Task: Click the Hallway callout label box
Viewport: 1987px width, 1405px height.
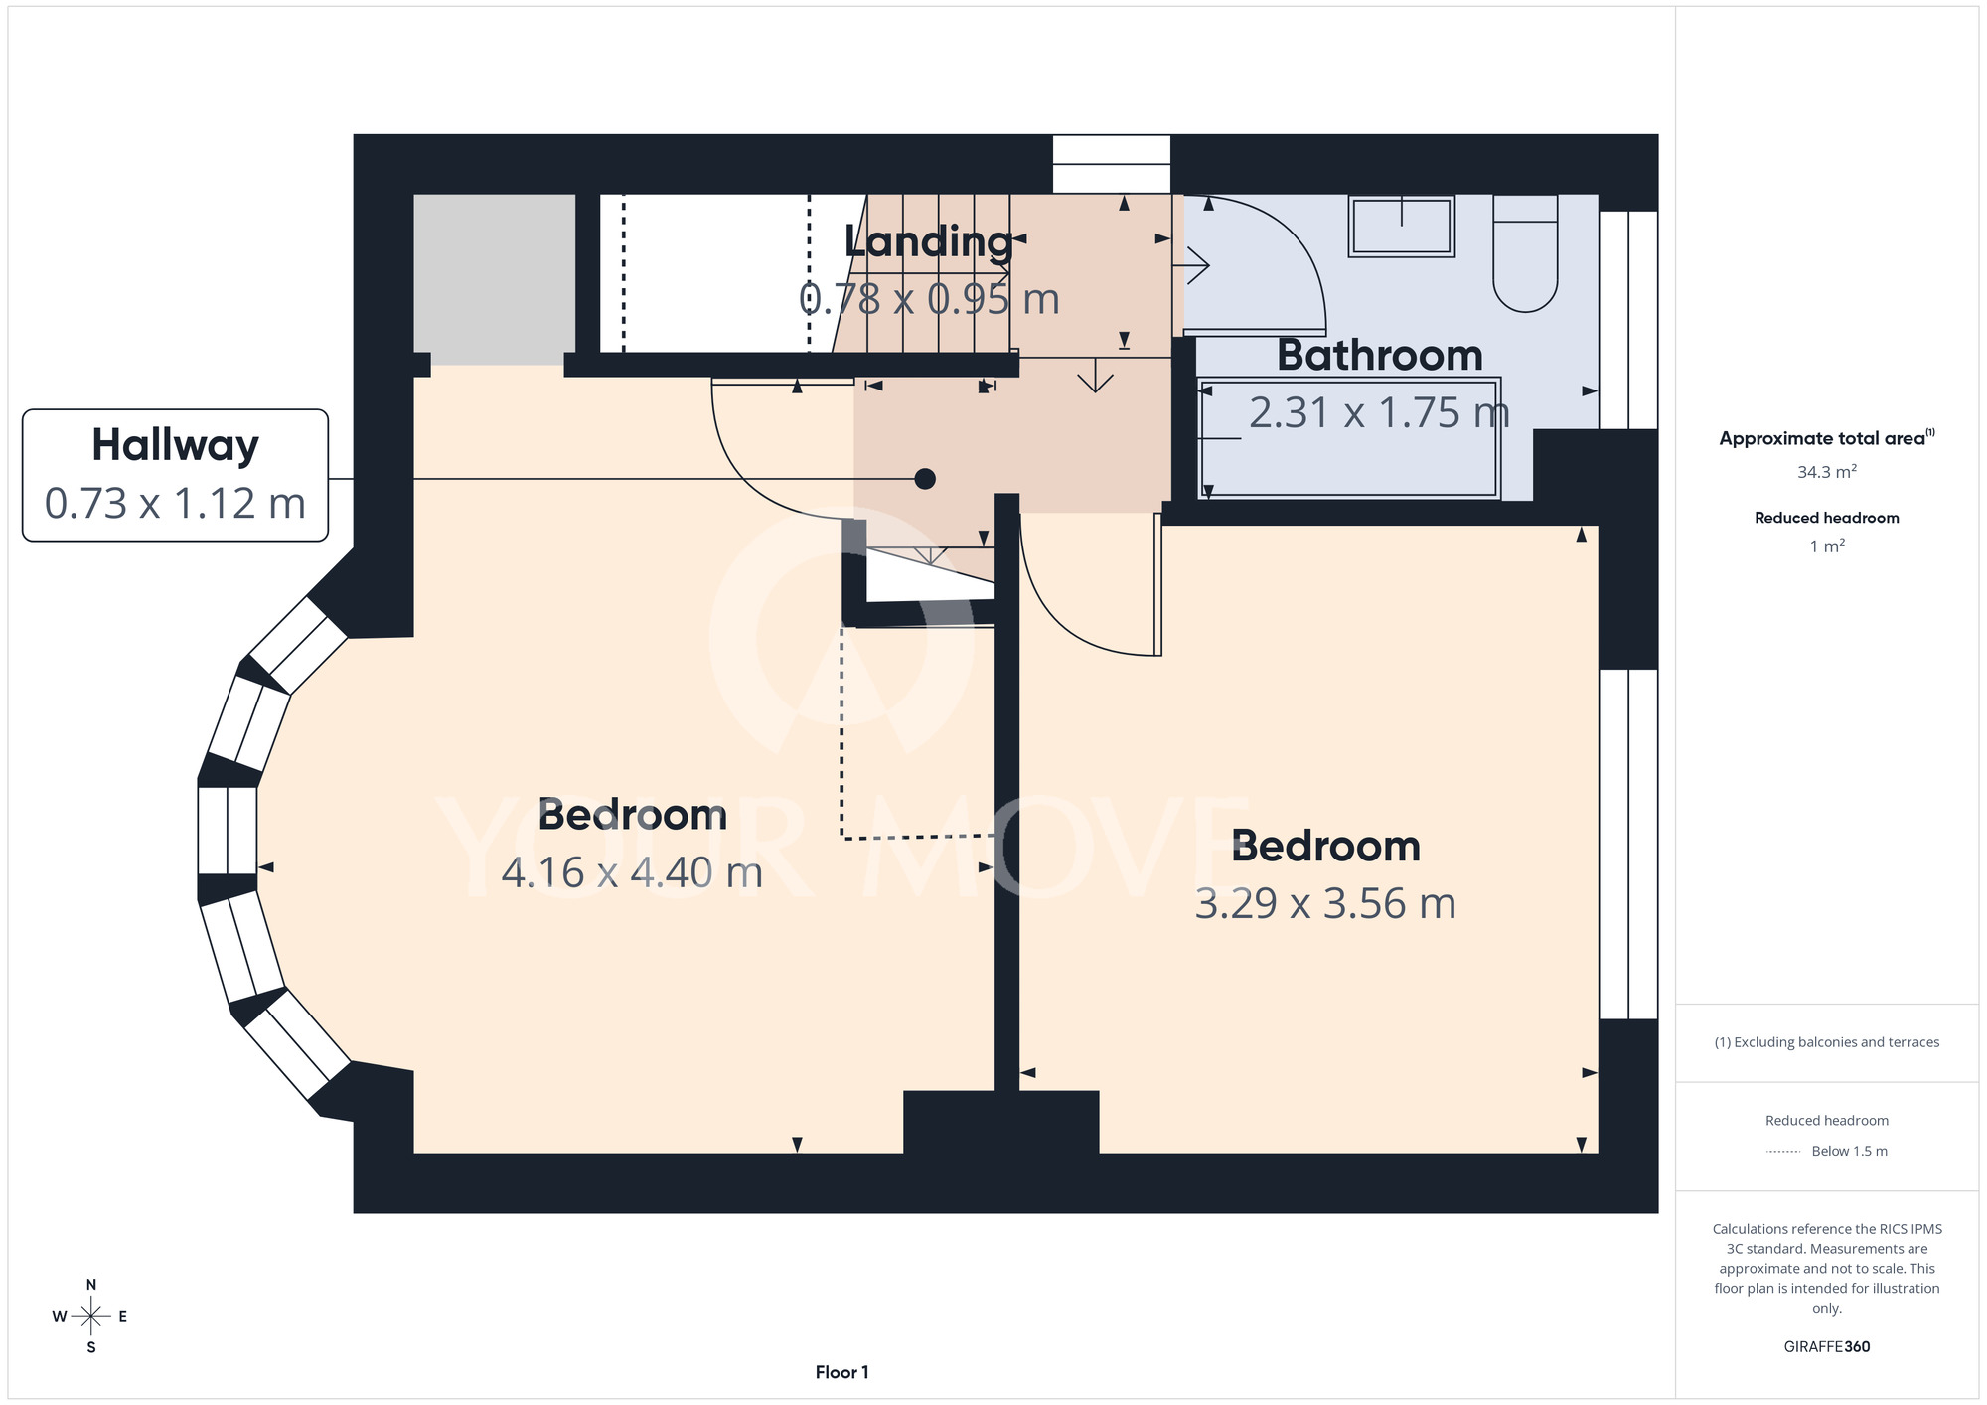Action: (x=175, y=475)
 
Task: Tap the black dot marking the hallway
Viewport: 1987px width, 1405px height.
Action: (x=925, y=479)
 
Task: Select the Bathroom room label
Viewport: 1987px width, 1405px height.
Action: (x=1380, y=355)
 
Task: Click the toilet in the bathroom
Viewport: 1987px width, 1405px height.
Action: (x=1525, y=253)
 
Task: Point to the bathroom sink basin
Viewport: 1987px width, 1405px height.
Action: (x=1402, y=226)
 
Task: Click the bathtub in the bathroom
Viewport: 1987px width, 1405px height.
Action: (x=1350, y=437)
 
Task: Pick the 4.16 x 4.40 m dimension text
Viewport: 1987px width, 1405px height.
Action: (x=633, y=872)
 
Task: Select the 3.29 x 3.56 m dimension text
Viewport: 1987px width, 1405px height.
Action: (x=1325, y=903)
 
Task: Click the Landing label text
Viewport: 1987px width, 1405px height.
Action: (x=928, y=241)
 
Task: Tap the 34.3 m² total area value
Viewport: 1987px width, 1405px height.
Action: (x=1827, y=472)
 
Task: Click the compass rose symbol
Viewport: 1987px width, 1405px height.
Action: (x=90, y=1317)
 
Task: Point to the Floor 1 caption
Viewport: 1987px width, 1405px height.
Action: (x=841, y=1372)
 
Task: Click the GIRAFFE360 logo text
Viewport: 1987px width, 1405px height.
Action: (x=1827, y=1347)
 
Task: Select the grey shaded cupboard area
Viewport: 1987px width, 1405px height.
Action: (x=494, y=279)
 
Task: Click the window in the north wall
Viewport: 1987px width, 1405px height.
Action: (x=1112, y=164)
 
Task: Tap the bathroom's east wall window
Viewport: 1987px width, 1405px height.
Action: (x=1628, y=319)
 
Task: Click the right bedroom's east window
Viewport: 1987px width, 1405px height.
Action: (x=1628, y=844)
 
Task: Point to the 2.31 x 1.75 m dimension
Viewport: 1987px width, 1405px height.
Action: (x=1379, y=412)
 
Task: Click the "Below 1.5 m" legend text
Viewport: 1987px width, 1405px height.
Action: (x=1849, y=1151)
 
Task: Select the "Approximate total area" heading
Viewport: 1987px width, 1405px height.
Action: (x=1827, y=438)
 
